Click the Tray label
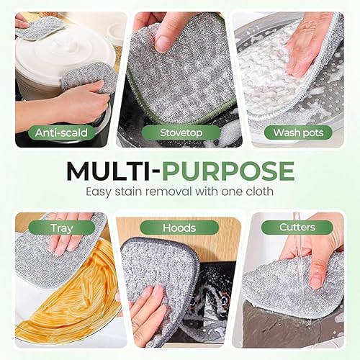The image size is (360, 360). pyautogui.click(x=61, y=228)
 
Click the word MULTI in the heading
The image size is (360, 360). pyautogui.click(x=109, y=171)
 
